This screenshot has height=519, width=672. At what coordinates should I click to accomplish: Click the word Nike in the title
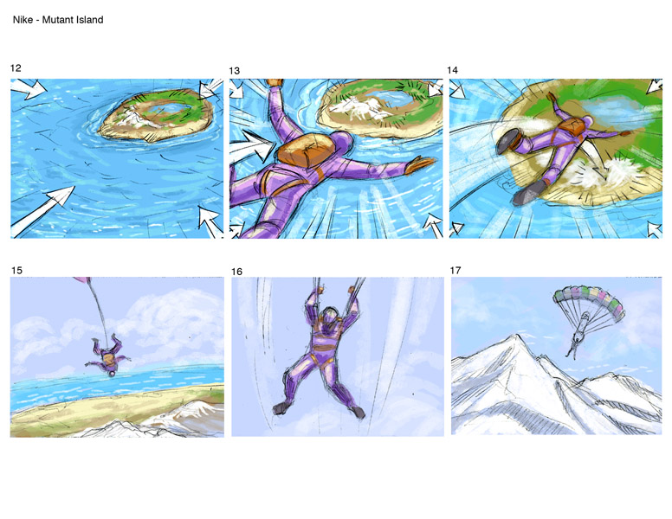pyautogui.click(x=23, y=20)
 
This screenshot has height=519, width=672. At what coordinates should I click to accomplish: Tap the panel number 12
pyautogui.click(x=16, y=68)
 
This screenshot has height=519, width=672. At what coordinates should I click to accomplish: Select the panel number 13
pyautogui.click(x=235, y=71)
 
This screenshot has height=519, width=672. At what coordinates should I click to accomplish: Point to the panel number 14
pyautogui.click(x=453, y=70)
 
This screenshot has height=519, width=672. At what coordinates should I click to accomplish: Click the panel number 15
pyautogui.click(x=16, y=270)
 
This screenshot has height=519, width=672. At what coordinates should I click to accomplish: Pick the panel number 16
pyautogui.click(x=236, y=272)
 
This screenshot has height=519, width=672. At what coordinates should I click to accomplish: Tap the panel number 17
pyautogui.click(x=456, y=270)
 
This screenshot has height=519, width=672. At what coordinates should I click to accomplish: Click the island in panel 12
pyautogui.click(x=156, y=114)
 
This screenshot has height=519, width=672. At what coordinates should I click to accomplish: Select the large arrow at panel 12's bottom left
pyautogui.click(x=42, y=211)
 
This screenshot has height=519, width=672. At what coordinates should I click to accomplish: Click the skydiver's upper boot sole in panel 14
pyautogui.click(x=507, y=141)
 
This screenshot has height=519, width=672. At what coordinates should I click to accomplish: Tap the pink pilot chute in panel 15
pyautogui.click(x=82, y=279)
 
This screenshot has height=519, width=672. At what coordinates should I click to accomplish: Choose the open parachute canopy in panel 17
pyautogui.click(x=588, y=303)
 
